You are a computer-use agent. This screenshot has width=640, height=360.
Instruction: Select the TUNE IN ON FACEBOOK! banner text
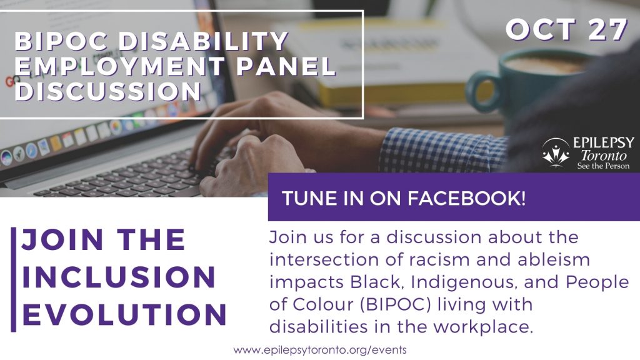(x=403, y=199)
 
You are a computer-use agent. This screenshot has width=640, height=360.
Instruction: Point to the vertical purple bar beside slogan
(x=14, y=279)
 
